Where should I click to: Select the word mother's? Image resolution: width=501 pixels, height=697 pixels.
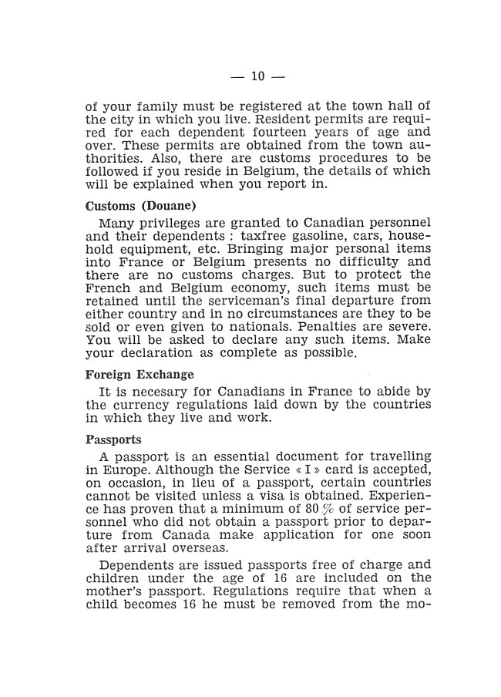tap(116, 591)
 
